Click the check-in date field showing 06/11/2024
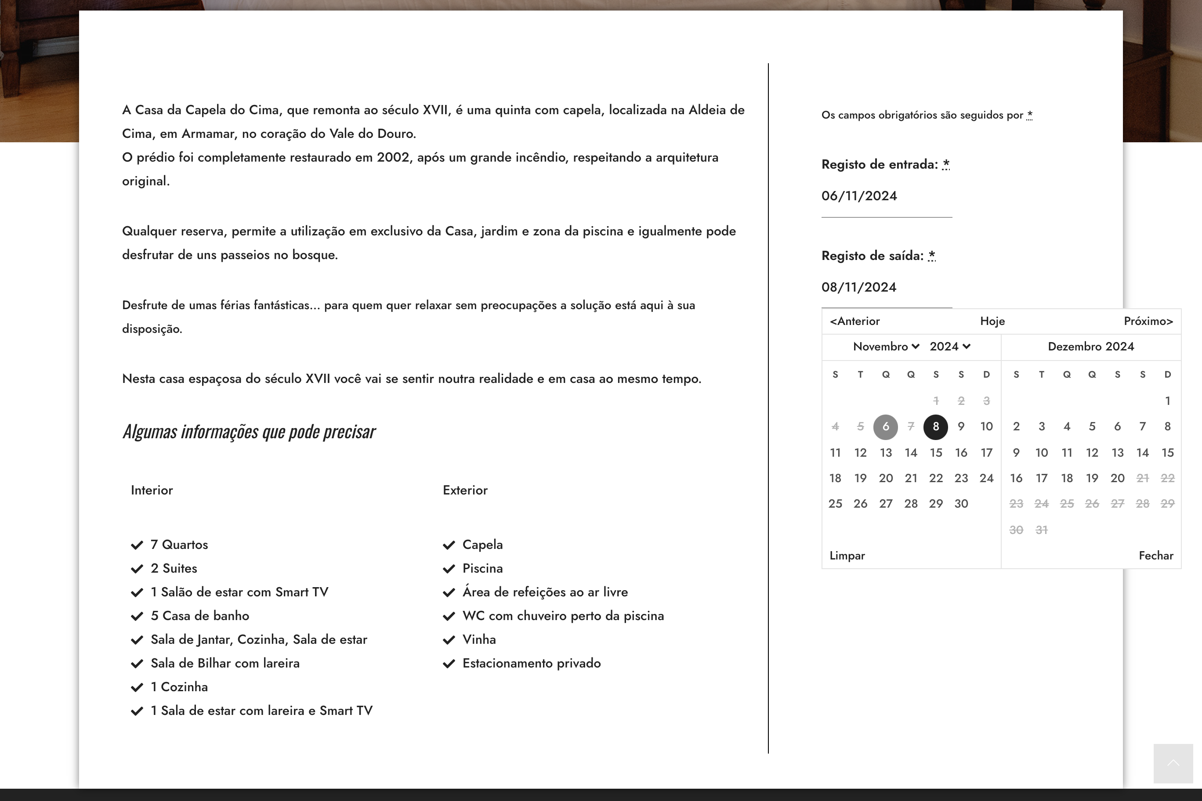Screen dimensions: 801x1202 pyautogui.click(x=886, y=196)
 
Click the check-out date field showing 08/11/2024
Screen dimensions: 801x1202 pyautogui.click(x=886, y=288)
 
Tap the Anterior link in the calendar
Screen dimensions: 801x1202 pyautogui.click(x=854, y=321)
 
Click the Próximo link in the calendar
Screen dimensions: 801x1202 pyautogui.click(x=1148, y=321)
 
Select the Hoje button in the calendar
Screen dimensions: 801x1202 pyautogui.click(x=992, y=321)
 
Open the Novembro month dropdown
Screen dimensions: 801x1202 pyautogui.click(x=886, y=347)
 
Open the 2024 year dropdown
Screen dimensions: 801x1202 pyautogui.click(x=949, y=347)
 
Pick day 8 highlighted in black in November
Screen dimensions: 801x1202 pyautogui.click(x=935, y=426)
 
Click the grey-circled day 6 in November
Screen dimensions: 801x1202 pyautogui.click(x=885, y=426)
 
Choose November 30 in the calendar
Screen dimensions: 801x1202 pyautogui.click(x=961, y=504)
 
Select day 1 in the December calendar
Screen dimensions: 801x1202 pyautogui.click(x=1167, y=400)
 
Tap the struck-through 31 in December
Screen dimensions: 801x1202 pyautogui.click(x=1041, y=530)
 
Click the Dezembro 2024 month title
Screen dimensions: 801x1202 pyautogui.click(x=1090, y=347)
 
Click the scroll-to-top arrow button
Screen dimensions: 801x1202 pyautogui.click(x=1173, y=763)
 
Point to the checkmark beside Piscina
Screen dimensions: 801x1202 pyautogui.click(x=449, y=569)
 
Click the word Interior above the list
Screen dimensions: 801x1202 pyautogui.click(x=152, y=491)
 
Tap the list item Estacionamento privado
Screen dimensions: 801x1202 pyautogui.click(x=531, y=664)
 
